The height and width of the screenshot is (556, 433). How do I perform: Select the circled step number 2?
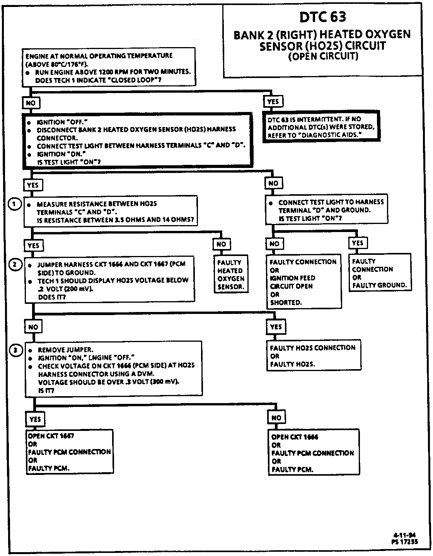tap(15, 265)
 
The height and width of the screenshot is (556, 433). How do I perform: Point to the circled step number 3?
tap(15, 350)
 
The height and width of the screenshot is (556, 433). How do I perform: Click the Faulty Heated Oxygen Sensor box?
tap(231, 275)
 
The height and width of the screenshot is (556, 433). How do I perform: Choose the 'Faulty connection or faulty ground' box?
tap(380, 273)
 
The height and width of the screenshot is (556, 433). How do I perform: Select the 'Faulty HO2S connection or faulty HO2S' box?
tap(313, 356)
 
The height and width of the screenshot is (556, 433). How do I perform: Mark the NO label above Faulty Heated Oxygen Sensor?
tap(221, 244)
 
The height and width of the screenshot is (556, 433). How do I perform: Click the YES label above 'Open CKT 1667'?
tap(35, 419)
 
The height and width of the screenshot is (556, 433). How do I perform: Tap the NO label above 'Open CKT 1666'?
tap(276, 418)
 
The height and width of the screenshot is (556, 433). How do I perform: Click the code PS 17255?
tap(404, 542)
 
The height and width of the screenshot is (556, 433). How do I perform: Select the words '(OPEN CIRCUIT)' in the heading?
tap(323, 57)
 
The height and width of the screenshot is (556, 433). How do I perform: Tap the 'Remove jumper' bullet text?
tap(65, 350)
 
